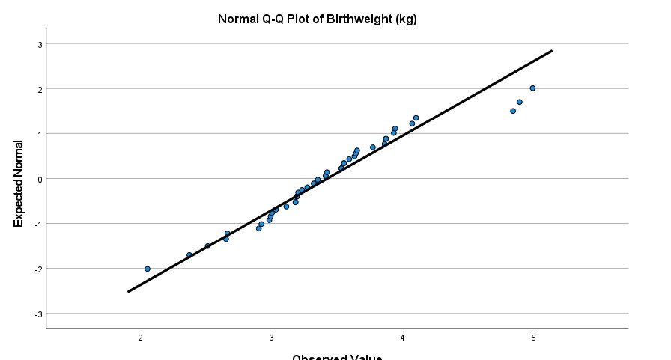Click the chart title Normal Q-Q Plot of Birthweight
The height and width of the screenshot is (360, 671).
coord(317,19)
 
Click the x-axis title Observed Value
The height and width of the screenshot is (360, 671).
coord(336,356)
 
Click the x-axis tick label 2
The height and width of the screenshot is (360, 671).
coord(141,339)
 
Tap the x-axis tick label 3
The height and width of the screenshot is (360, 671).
coord(272,339)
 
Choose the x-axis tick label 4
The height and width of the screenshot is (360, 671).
coord(403,339)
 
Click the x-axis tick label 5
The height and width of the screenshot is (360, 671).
coord(534,339)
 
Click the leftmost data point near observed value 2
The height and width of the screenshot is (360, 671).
coord(148,269)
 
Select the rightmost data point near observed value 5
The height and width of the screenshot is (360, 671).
coord(532,88)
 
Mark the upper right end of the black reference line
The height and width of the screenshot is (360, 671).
coord(552,51)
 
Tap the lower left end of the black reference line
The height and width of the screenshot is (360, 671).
coord(128,292)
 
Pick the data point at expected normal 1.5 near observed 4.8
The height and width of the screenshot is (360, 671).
coord(513,111)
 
